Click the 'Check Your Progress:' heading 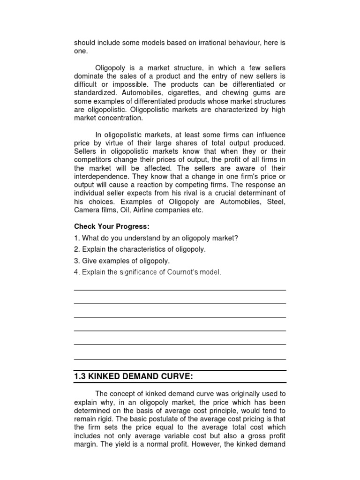click(112, 227)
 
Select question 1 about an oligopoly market click(156, 238)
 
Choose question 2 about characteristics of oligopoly click(140, 249)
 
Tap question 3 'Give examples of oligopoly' click(122, 261)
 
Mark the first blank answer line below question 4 click(180, 290)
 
